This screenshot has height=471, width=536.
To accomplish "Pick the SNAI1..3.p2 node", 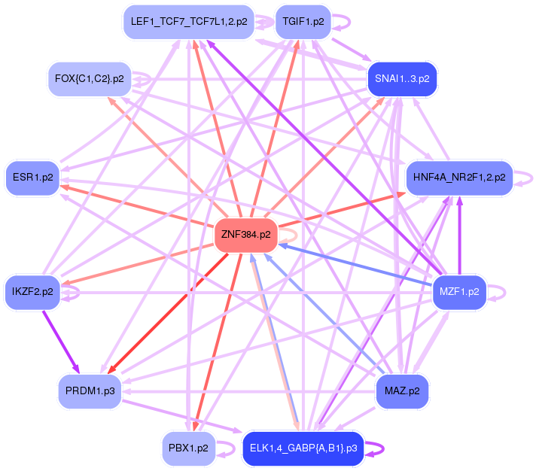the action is click(x=402, y=79).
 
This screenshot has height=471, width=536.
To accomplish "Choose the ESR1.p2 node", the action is click(x=32, y=178).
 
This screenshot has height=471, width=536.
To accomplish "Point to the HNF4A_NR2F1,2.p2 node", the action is click(x=459, y=178).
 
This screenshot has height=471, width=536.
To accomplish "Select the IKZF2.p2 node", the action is click(x=32, y=291).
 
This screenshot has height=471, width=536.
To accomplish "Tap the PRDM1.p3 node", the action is click(x=90, y=391).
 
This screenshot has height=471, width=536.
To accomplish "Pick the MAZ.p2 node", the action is click(x=402, y=391).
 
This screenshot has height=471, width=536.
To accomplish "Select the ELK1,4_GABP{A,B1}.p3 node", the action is click(x=303, y=448).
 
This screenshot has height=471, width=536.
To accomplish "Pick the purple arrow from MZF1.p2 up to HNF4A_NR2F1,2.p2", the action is click(x=459, y=237).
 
